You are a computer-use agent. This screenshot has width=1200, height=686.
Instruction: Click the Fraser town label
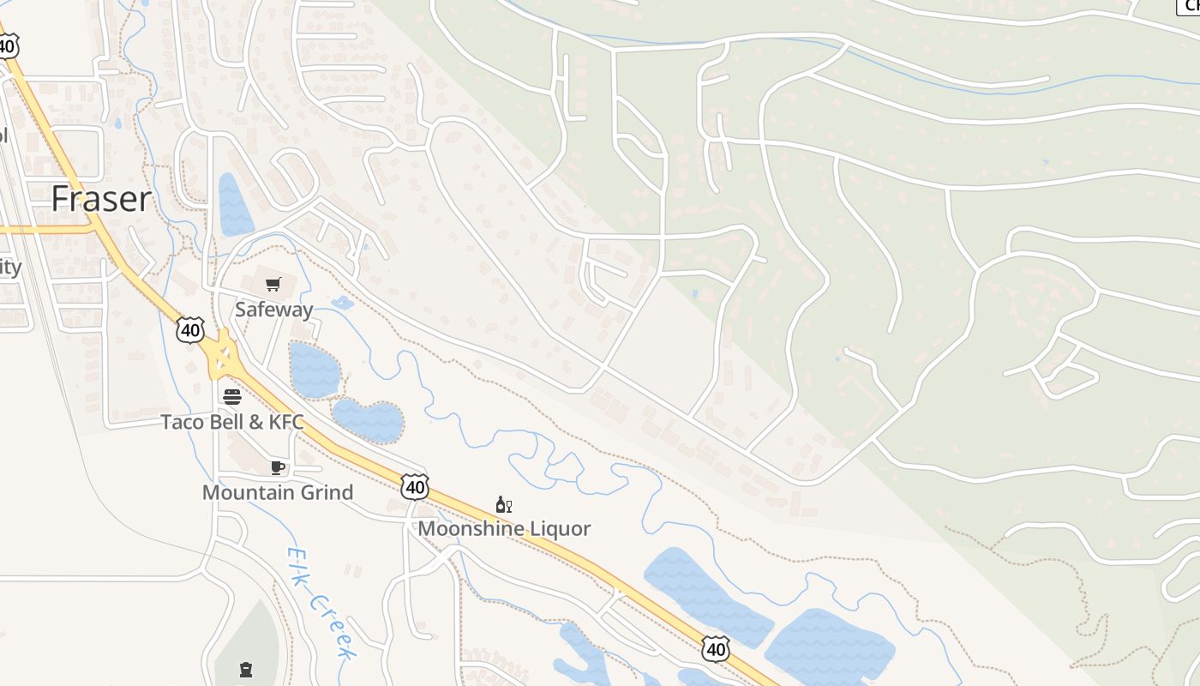(x=101, y=199)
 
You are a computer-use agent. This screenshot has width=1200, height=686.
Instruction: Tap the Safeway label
(x=274, y=310)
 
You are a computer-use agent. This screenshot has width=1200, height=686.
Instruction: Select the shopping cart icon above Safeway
(x=273, y=284)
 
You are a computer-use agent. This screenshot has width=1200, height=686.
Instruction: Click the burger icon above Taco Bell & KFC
(x=232, y=396)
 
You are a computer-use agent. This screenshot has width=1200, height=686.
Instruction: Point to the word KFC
(x=286, y=422)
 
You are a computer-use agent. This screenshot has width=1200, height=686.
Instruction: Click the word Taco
(x=182, y=422)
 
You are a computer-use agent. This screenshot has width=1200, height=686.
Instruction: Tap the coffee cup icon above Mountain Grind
(x=277, y=467)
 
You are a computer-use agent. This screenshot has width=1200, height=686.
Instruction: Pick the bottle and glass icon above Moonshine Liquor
(x=504, y=504)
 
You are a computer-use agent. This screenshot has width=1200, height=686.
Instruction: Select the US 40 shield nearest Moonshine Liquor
(x=415, y=487)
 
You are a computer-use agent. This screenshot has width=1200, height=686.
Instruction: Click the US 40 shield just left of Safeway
(x=191, y=329)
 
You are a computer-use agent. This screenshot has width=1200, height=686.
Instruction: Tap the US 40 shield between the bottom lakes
(x=715, y=649)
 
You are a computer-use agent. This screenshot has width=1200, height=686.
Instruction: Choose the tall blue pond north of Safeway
(x=233, y=206)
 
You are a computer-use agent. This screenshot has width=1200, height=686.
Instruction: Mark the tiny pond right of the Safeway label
(x=343, y=303)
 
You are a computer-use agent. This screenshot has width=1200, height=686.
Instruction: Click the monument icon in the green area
(x=246, y=668)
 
